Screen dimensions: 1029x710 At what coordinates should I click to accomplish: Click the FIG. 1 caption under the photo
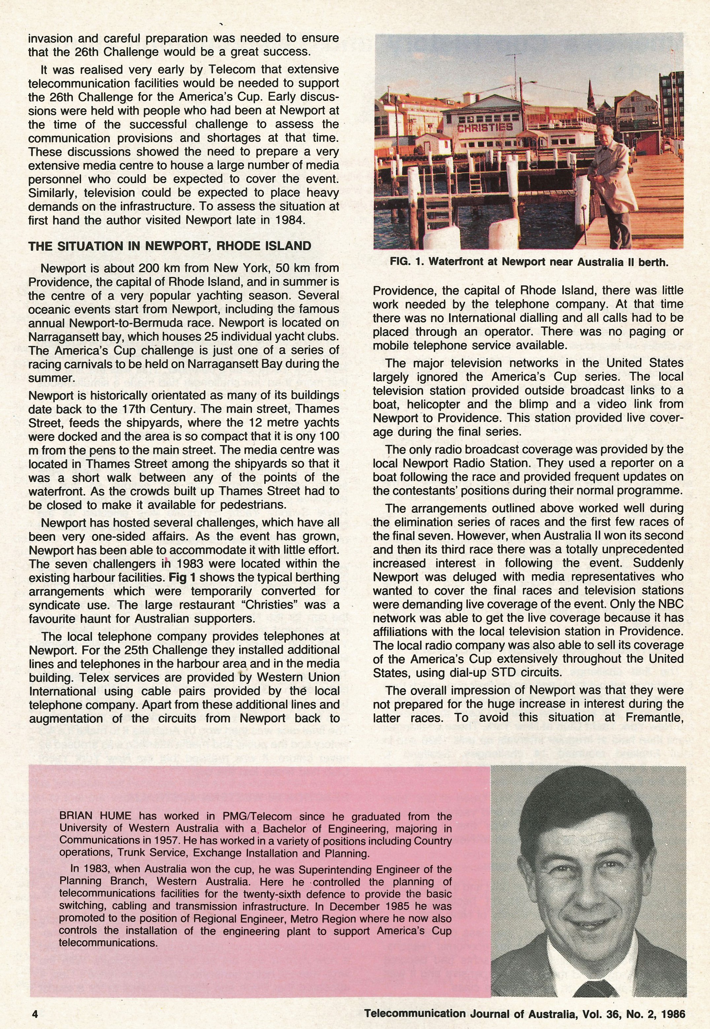[529, 262]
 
